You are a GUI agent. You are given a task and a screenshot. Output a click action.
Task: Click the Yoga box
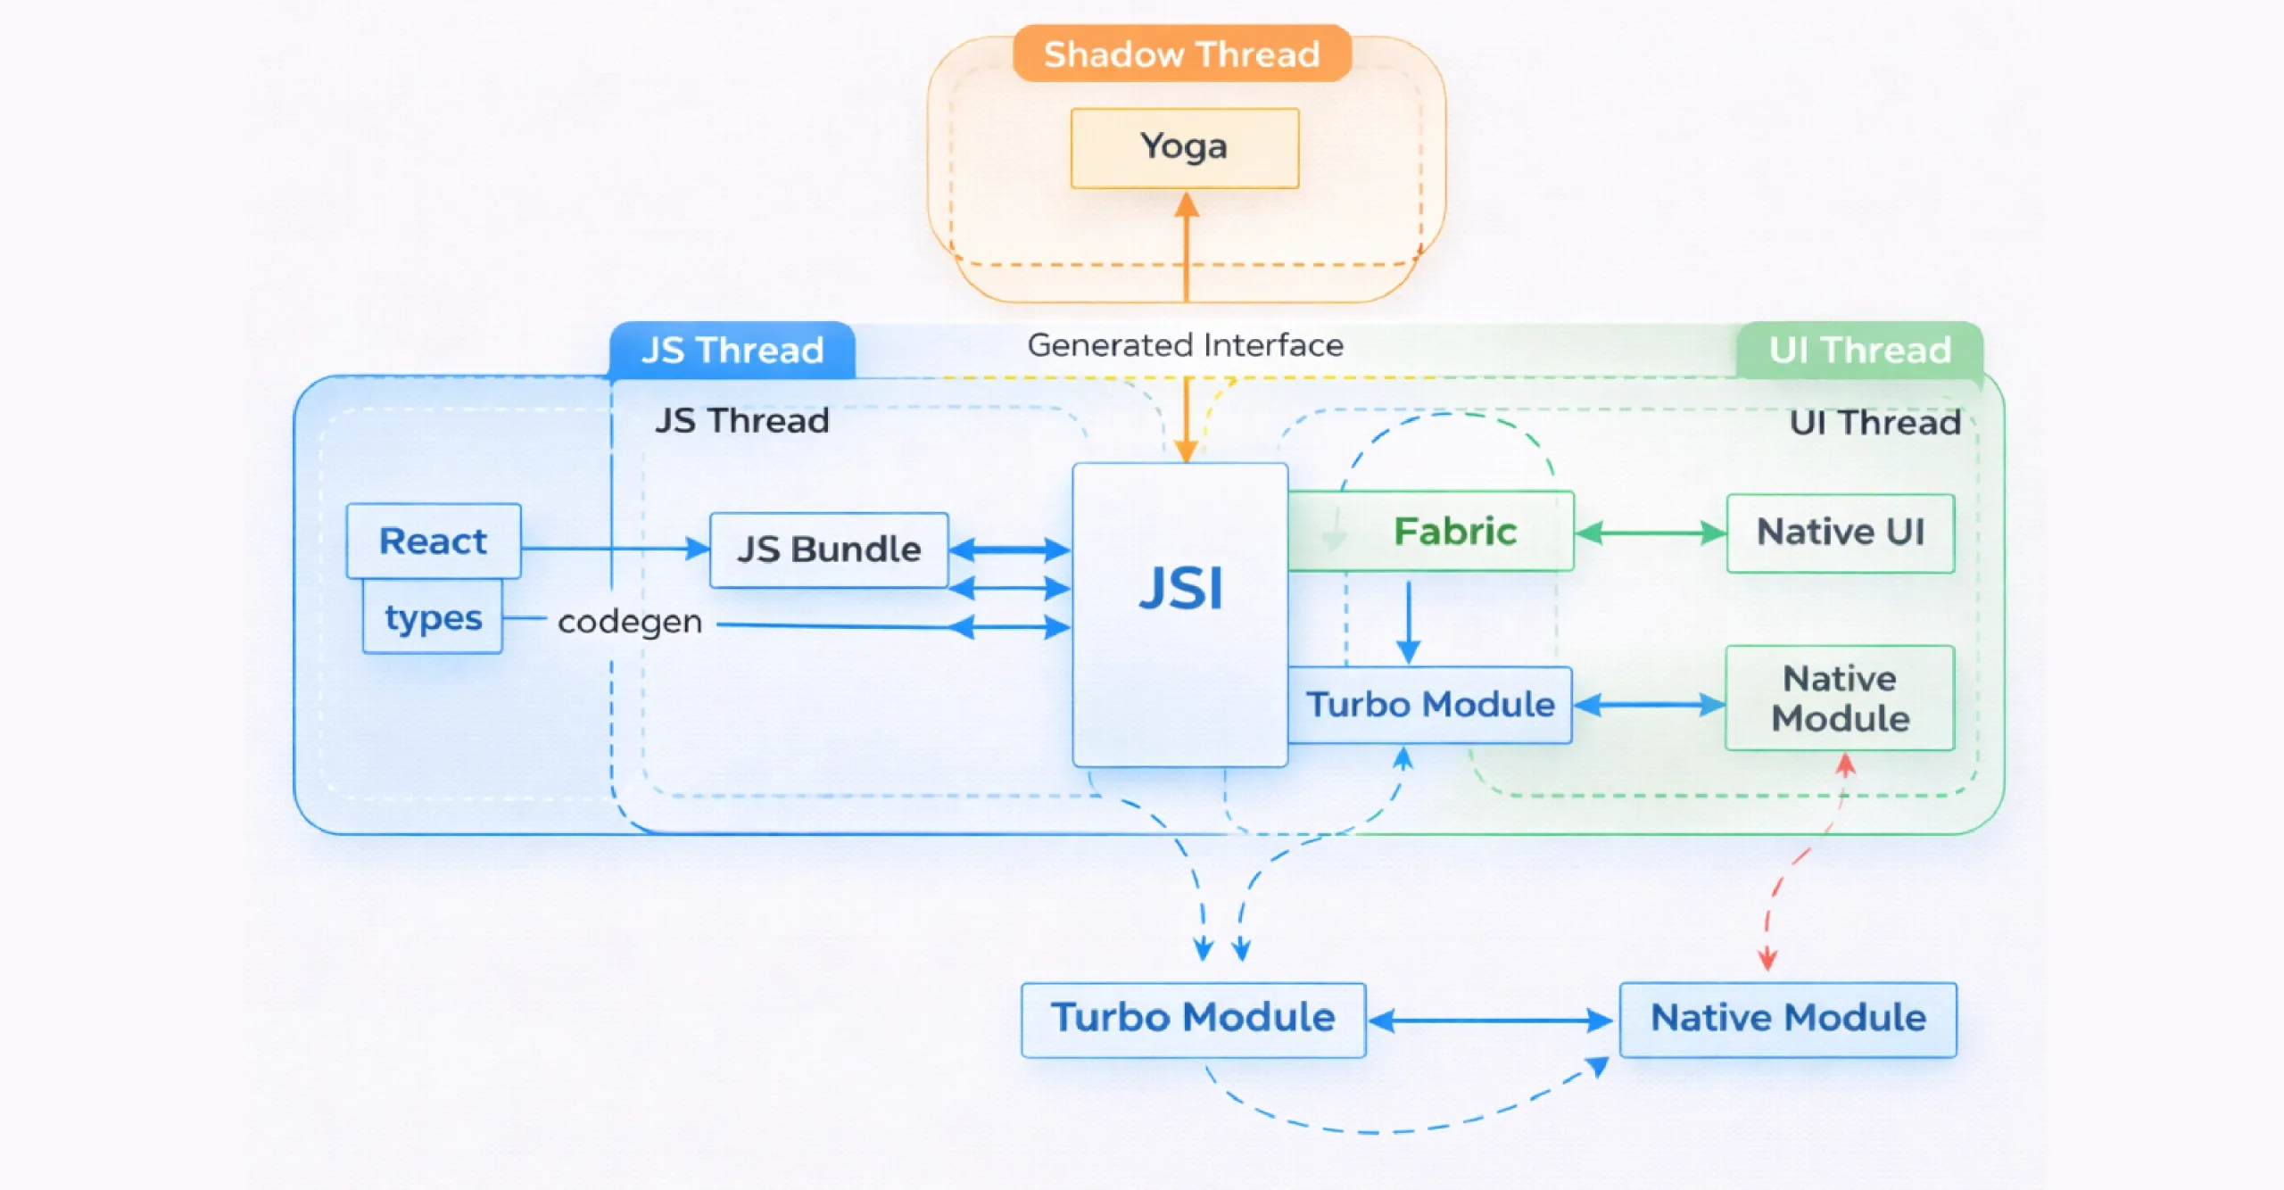1184,148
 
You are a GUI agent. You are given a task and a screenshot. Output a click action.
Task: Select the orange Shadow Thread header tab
1181,54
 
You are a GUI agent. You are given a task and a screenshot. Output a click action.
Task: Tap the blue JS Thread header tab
732,350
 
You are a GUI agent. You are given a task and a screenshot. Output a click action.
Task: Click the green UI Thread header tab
1859,350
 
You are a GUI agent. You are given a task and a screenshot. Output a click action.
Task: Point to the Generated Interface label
1185,345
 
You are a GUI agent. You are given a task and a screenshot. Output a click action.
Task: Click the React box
434,541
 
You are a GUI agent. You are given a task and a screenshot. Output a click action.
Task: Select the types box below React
433,617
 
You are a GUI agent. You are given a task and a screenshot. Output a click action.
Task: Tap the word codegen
630,621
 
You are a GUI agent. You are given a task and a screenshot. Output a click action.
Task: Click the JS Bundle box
828,550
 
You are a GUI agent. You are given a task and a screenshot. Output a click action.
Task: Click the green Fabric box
1454,532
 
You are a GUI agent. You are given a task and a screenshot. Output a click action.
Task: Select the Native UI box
1840,533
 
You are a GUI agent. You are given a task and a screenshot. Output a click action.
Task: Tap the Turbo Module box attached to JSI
1430,705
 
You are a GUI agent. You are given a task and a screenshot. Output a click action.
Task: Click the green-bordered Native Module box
1840,698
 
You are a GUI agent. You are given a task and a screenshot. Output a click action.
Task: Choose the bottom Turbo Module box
1193,1020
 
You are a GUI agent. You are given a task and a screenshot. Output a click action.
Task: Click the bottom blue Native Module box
1788,1020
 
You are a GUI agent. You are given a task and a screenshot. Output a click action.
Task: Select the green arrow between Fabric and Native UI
1650,533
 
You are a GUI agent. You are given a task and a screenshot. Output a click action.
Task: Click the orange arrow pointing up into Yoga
1186,250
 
